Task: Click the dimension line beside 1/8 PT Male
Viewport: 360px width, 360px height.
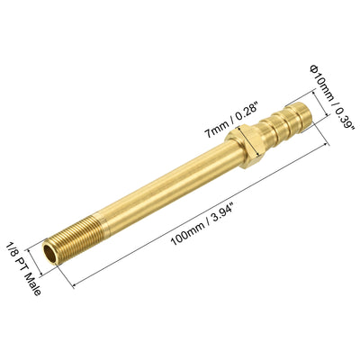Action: [x=40, y=261]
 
